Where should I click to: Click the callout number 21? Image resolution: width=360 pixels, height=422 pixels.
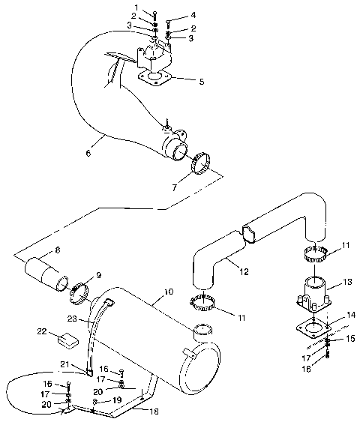[65, 364]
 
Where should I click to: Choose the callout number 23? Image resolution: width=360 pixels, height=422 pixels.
[70, 318]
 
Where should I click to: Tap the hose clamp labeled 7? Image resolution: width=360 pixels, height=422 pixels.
[201, 163]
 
